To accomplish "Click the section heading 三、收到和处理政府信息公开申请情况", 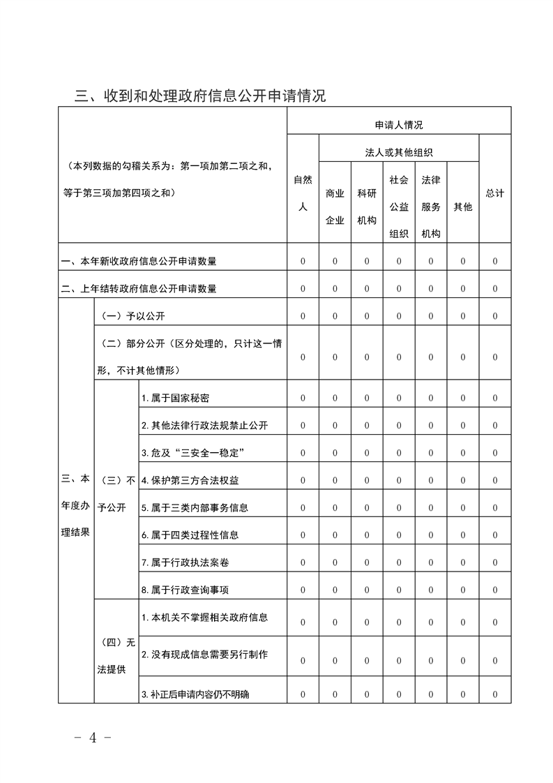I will point(200,96).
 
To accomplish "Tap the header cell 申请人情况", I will point(399,126).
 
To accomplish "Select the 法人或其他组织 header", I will point(399,152).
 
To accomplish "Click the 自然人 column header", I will point(303,193).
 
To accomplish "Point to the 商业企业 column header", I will point(335,207).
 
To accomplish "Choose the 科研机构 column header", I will point(367,207).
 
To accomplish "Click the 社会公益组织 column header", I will point(399,207).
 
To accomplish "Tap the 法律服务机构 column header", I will point(431,207).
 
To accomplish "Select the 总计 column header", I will point(495,193).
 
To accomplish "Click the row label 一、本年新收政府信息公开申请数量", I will point(139,262).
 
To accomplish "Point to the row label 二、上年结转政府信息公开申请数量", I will point(139,289).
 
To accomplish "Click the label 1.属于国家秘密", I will point(175,398).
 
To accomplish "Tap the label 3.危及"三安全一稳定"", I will point(192,453).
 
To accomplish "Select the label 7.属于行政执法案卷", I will point(180,562).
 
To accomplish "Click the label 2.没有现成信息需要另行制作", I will point(204,655).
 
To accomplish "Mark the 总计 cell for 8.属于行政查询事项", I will point(495,590).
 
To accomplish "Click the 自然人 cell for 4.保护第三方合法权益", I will point(303,480).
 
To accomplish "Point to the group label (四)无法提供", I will point(116,655).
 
